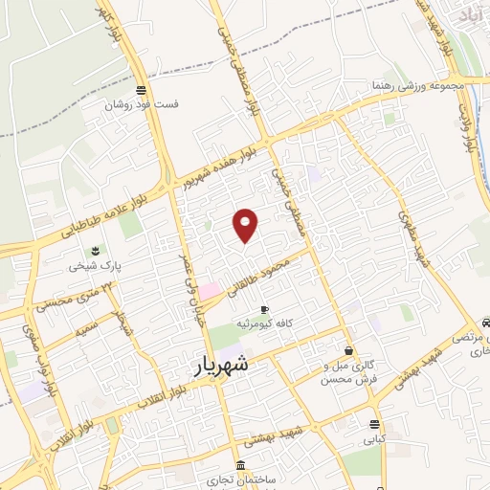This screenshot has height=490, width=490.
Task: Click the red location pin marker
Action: pos(246,225)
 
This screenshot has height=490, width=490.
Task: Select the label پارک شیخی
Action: pos(90,267)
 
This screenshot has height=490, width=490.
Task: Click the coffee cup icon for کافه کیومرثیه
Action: pos(265,309)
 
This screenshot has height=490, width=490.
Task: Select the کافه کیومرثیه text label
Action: pos(278,323)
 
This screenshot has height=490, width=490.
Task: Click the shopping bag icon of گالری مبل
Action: pos(348,351)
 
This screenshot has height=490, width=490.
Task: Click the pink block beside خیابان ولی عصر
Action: pos(210,289)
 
